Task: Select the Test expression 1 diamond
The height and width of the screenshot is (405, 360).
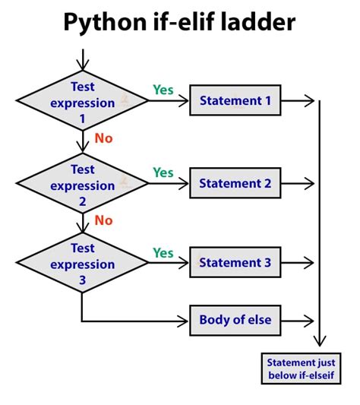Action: click(x=82, y=102)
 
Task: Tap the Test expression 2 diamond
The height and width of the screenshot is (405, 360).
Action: click(x=82, y=185)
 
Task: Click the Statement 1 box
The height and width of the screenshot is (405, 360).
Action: click(x=235, y=100)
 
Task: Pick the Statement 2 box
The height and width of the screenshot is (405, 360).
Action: click(x=235, y=183)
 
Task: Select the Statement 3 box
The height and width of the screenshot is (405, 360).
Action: click(x=235, y=262)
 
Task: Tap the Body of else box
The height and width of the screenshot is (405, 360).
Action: click(x=235, y=320)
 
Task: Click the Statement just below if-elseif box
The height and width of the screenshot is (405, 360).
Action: click(x=302, y=369)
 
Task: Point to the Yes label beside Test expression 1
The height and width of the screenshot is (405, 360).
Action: click(x=163, y=90)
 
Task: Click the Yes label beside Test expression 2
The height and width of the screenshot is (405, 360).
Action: click(x=163, y=172)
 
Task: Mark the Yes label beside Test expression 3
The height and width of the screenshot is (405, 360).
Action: click(x=163, y=252)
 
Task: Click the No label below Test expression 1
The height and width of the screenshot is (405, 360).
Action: click(x=103, y=138)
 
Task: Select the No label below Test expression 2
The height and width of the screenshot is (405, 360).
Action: click(x=103, y=220)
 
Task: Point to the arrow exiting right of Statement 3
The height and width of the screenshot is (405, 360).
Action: click(x=299, y=263)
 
